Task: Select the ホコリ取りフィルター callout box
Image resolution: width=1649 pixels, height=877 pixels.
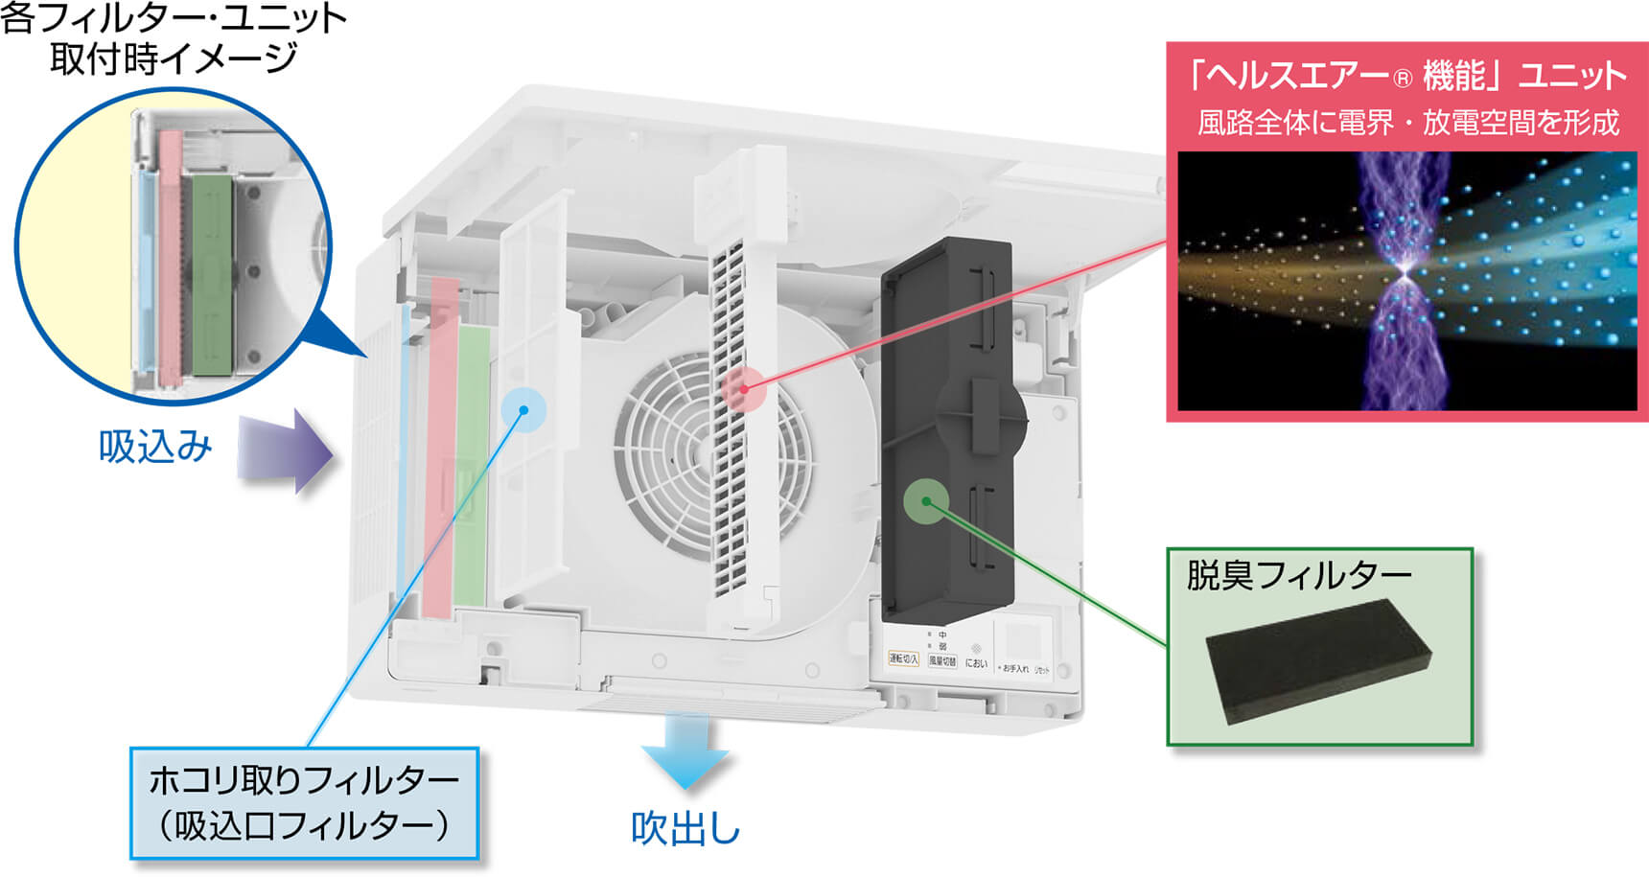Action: tap(305, 803)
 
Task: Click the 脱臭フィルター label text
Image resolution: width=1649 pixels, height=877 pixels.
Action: tap(1299, 575)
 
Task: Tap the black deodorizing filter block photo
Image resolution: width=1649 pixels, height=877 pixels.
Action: tap(1318, 659)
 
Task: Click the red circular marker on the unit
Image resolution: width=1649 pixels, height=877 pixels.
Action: tap(743, 389)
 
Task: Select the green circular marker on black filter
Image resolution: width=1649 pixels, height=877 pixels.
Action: tap(926, 501)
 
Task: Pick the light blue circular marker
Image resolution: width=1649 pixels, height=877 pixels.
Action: tap(523, 410)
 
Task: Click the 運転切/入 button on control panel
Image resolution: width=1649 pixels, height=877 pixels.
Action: tap(903, 659)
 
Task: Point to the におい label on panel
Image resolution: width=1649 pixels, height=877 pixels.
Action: tap(976, 663)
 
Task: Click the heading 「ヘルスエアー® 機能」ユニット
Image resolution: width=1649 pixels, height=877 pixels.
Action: tap(1406, 76)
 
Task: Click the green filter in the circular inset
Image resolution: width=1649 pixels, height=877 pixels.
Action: tap(212, 273)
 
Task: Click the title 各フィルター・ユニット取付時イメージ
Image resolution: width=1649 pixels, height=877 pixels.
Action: tap(173, 38)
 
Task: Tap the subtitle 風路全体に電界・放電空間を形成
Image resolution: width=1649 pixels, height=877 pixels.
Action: tap(1407, 123)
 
